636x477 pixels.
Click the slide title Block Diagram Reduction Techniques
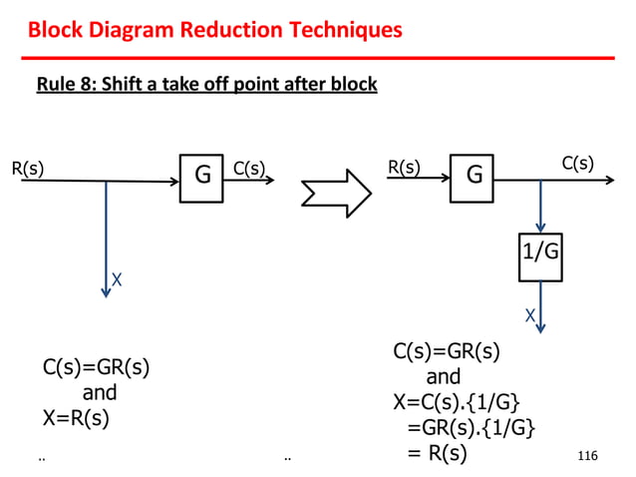point(214,30)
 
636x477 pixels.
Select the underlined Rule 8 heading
point(206,84)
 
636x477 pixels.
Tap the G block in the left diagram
point(201,178)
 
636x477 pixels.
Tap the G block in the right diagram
point(473,177)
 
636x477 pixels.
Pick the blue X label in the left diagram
point(117,281)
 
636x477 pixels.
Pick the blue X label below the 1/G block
point(529,316)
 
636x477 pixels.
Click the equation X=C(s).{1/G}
point(456,403)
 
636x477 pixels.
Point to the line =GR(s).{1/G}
point(470,429)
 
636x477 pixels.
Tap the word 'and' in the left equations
point(99,392)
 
